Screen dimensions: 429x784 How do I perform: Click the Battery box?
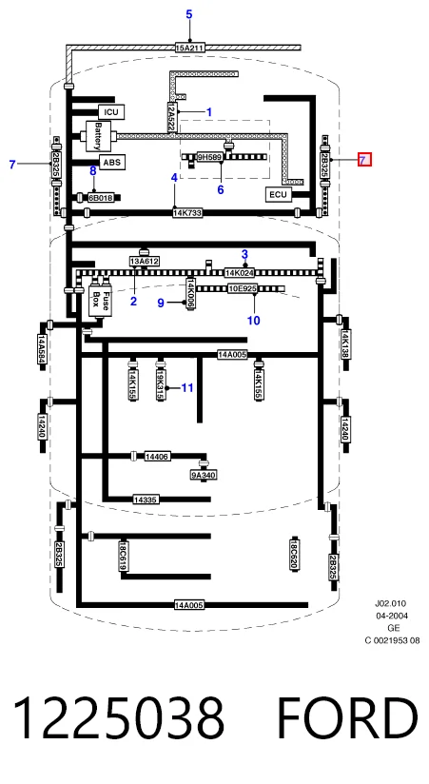99,136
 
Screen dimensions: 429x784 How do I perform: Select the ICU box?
111,112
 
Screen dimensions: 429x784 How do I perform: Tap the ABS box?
111,162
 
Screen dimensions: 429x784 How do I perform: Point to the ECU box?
279,194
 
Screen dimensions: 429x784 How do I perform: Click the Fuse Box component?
100,301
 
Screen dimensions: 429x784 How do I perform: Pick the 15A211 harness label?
190,48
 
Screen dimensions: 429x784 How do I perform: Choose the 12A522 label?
171,117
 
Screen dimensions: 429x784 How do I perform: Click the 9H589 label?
209,157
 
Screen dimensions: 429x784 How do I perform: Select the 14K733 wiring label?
187,213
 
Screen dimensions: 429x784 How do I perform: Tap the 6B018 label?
101,198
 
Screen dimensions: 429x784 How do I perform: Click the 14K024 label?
240,273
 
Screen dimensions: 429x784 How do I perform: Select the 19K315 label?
160,384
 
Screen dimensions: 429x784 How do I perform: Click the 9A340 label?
204,475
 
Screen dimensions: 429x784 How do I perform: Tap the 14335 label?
146,500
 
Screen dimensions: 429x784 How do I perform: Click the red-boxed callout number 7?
364,160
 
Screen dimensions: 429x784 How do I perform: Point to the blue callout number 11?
187,388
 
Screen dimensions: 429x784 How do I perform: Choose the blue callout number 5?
189,14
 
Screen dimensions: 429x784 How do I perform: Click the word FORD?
347,718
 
